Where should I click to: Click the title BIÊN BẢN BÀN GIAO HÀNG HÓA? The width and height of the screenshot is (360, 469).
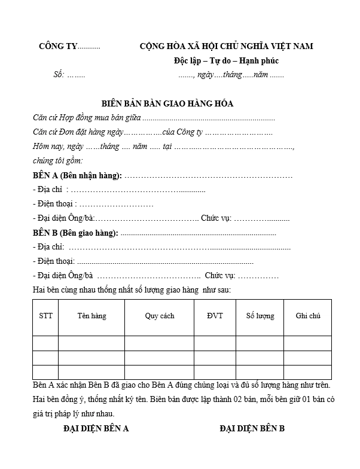(x=167, y=103)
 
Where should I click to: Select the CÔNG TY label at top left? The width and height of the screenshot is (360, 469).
(x=58, y=46)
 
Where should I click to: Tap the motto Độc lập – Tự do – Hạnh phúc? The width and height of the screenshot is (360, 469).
(x=226, y=60)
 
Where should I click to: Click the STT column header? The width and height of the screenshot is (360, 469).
(x=45, y=315)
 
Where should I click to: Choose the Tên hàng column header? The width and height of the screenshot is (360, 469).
(x=91, y=315)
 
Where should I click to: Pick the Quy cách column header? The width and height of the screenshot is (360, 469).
(x=159, y=315)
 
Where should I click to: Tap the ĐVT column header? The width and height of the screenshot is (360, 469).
(x=214, y=315)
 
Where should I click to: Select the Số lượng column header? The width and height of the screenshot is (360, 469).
(x=260, y=315)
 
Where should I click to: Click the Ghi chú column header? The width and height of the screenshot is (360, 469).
(x=307, y=315)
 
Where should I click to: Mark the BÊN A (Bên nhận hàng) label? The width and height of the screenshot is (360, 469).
(x=77, y=175)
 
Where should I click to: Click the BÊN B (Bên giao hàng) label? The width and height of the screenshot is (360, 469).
(x=75, y=233)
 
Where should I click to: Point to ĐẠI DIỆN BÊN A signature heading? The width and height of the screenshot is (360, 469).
(x=96, y=428)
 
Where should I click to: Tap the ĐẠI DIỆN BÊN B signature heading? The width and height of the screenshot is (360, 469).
(x=252, y=428)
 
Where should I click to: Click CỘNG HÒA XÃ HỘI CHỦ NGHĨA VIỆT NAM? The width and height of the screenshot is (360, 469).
(x=226, y=46)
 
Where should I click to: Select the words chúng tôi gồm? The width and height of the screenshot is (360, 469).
(x=58, y=161)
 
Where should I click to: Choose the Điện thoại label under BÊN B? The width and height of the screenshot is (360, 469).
(x=54, y=261)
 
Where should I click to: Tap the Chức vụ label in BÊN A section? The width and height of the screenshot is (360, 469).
(x=216, y=218)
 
